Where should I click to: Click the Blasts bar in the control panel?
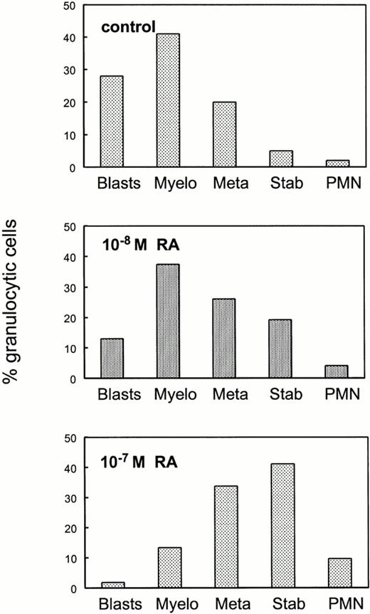coord(111,122)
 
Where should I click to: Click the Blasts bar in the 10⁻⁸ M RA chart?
coord(111,359)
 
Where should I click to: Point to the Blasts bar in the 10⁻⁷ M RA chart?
coord(111,586)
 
